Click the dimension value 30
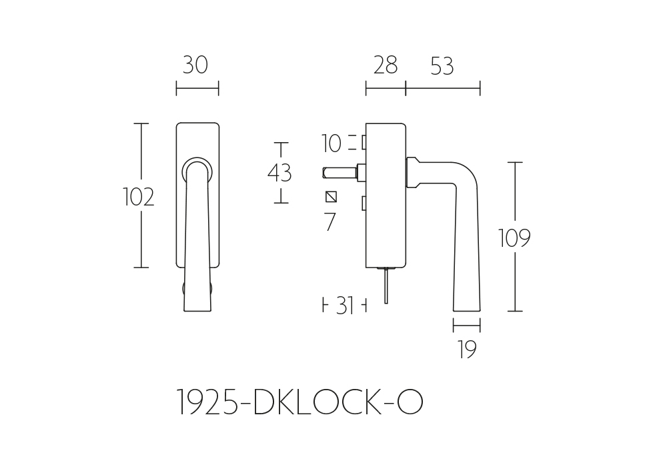coord(195,65)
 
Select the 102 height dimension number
coord(138,197)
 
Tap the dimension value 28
coord(386,65)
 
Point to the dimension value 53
coord(442,66)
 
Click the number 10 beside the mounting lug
coord(331,143)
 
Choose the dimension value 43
coord(279,173)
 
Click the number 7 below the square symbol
coord(330,221)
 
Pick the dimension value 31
coord(345,306)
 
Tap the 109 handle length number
coord(514,238)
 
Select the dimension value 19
coord(467,349)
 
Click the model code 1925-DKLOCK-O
coord(299,402)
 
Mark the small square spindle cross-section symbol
coord(331,197)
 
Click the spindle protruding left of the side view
coord(340,172)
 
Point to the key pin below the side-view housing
coord(386,286)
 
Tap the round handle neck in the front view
coord(197,170)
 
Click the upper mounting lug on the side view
coord(364,143)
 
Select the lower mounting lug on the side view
coord(364,203)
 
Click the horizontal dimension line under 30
coord(197,88)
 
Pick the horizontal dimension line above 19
coord(467,326)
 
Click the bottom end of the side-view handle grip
coord(467,310)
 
